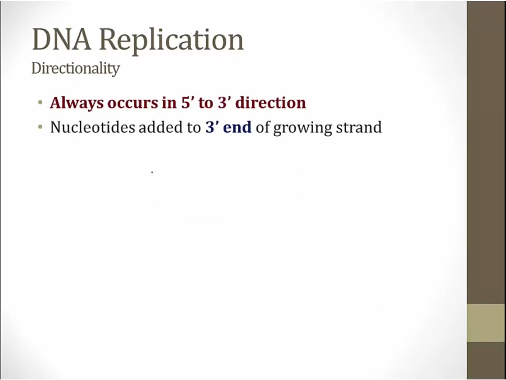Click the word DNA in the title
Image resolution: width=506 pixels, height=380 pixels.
[x=62, y=39]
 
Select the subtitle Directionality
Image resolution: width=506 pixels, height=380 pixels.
[x=75, y=69]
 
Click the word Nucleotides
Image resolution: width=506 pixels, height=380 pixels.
[x=93, y=127]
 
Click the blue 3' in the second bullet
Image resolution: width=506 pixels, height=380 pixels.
[x=212, y=127]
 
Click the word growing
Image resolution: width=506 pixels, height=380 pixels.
[x=302, y=128]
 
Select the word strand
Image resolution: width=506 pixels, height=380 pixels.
[x=359, y=127]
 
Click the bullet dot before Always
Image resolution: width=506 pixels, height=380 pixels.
[x=40, y=104]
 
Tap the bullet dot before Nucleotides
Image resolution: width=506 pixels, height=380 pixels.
[x=40, y=128]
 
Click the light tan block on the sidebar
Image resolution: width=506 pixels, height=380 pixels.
[x=486, y=323]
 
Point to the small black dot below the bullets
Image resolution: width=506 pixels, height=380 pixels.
[x=152, y=172]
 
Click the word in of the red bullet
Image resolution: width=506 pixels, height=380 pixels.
[x=169, y=103]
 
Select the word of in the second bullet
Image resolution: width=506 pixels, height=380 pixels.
[x=263, y=127]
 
